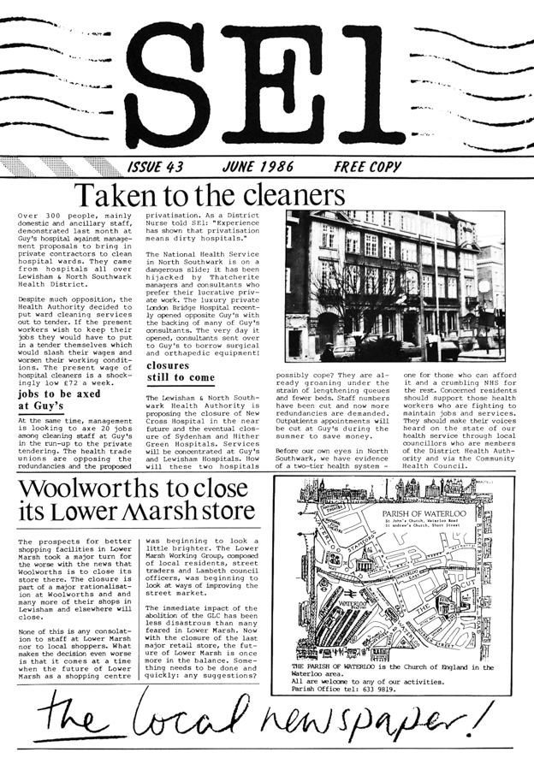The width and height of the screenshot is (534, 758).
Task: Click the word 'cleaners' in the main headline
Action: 294,193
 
